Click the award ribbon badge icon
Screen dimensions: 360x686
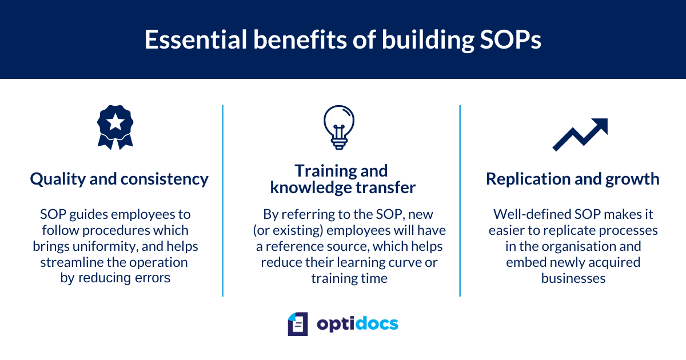pos(115,127)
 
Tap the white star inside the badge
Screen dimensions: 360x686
pos(115,121)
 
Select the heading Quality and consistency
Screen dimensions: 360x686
pos(119,179)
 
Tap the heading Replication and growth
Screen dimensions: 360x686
pos(572,179)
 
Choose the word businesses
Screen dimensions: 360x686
pos(573,278)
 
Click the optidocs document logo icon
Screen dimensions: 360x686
pos(298,324)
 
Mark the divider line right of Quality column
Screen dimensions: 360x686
pos(222,200)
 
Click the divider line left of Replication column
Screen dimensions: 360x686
pos(460,200)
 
